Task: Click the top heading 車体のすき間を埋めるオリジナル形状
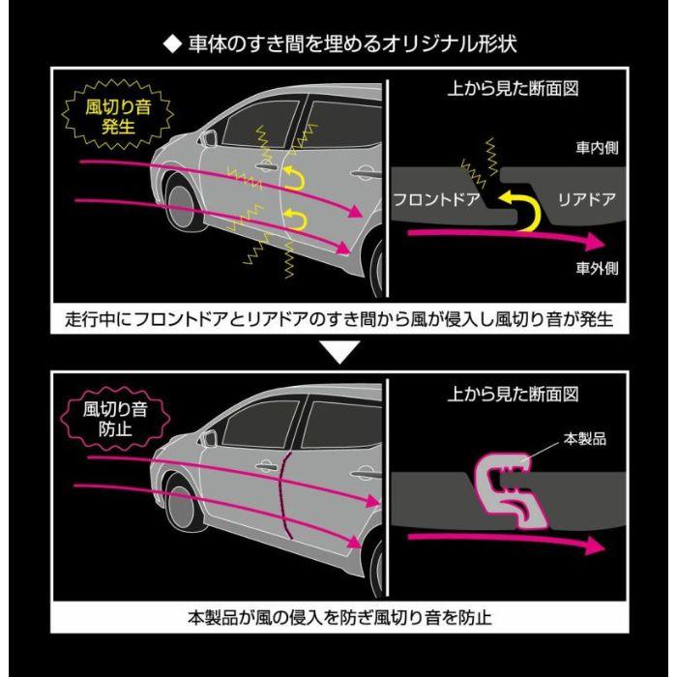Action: click(x=338, y=45)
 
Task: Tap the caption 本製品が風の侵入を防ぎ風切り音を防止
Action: click(x=338, y=616)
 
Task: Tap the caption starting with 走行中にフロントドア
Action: click(x=338, y=319)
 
